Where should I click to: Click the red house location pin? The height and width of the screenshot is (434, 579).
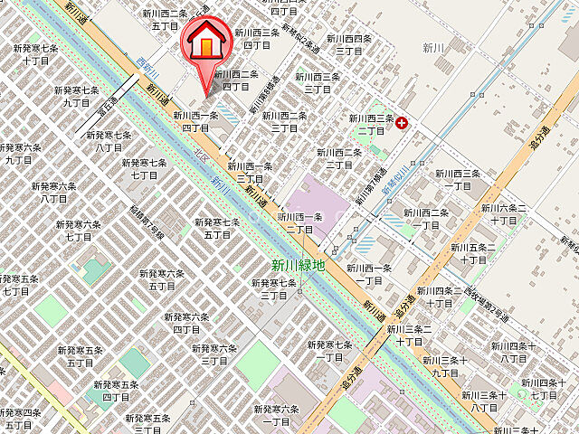207,45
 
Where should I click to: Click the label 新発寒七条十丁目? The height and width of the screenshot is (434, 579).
36,54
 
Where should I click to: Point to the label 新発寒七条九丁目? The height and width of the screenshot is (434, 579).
76,97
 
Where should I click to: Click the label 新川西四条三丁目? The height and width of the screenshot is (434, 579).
349,44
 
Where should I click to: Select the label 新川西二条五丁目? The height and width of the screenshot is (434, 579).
165,19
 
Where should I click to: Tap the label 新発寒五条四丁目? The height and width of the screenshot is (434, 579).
117,391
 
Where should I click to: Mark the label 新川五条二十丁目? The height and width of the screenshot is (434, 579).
497,252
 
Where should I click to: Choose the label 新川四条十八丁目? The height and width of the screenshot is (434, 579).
514,352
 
